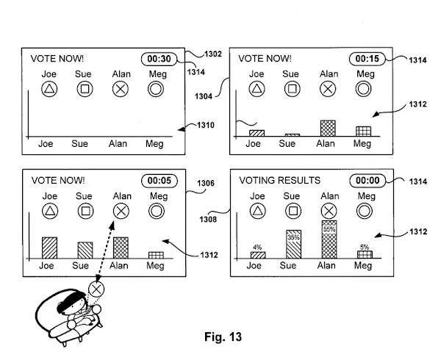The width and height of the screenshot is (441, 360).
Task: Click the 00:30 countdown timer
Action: click(159, 59)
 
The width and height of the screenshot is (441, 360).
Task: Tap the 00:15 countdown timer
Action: click(367, 59)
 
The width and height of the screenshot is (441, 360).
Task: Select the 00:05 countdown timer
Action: click(159, 181)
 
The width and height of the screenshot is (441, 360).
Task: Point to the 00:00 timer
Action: click(367, 181)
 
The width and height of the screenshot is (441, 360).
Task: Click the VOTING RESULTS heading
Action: click(280, 181)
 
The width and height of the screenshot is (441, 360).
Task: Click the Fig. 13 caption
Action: click(223, 336)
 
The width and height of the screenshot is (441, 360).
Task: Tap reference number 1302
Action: click(213, 54)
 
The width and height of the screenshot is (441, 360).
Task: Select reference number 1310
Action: click(206, 125)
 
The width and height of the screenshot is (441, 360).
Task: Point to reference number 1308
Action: click(208, 219)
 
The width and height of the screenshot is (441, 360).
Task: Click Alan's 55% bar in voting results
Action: click(329, 240)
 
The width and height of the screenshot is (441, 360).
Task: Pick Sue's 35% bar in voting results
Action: click(293, 244)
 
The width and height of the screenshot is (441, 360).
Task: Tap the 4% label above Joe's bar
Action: click(257, 248)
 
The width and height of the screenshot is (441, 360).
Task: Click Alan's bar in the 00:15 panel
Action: click(328, 129)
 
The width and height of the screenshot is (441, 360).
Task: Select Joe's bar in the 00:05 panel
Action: click(49, 248)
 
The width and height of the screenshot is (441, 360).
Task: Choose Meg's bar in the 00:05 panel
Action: click(156, 255)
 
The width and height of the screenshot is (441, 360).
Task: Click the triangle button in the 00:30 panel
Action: click(49, 89)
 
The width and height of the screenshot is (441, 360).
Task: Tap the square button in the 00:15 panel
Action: click(293, 89)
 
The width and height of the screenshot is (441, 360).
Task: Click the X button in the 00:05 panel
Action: click(121, 211)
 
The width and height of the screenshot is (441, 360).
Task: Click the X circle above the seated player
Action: click(96, 289)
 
